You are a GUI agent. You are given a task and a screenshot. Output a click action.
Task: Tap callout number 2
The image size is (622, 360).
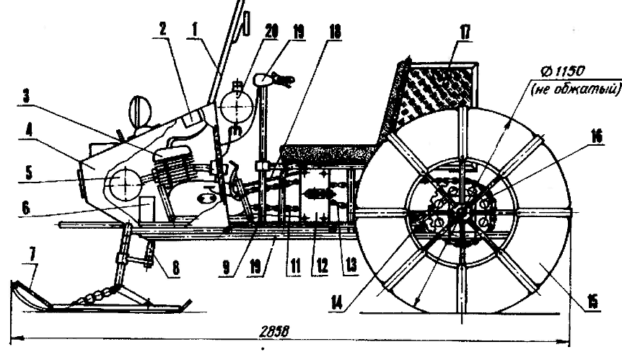[164, 31]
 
